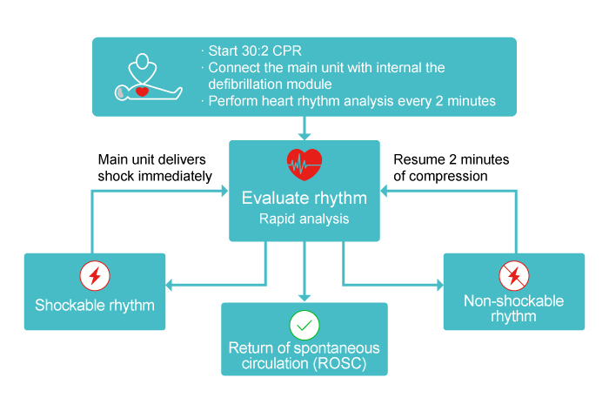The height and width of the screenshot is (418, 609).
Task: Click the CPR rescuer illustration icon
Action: click(145, 78)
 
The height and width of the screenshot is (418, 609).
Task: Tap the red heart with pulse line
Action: click(304, 163)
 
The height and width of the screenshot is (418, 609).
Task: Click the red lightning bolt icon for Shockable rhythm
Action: click(95, 276)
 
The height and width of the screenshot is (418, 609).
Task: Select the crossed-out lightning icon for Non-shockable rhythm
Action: click(514, 276)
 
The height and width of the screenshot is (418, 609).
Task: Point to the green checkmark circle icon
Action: click(304, 326)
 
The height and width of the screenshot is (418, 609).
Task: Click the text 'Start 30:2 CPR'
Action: click(251, 51)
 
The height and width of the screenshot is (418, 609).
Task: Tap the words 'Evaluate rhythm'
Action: click(304, 198)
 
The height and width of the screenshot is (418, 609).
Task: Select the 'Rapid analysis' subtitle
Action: click(304, 219)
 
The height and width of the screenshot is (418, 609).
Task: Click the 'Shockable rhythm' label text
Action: click(95, 306)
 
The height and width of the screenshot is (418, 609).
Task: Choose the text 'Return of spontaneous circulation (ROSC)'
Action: click(304, 355)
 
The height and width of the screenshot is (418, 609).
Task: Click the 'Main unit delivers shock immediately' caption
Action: click(155, 168)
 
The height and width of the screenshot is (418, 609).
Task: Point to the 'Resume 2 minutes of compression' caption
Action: click(452, 168)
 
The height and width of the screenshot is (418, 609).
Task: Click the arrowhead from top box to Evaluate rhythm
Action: click(304, 135)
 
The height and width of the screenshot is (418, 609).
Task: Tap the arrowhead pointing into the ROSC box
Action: click(304, 297)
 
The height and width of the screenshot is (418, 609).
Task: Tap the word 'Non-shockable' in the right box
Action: click(514, 301)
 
